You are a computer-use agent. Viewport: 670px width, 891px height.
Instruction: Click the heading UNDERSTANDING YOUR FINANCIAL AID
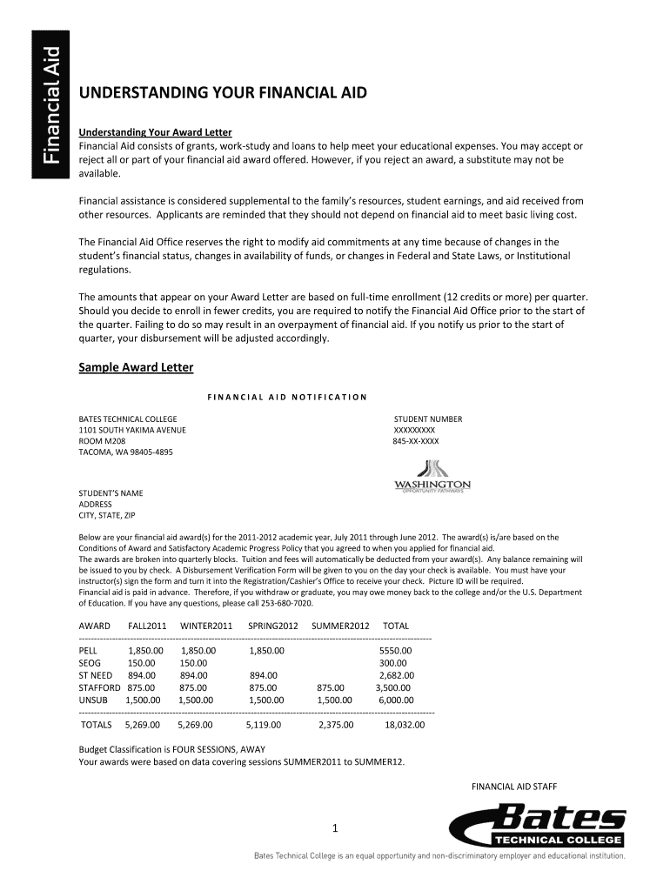(223, 93)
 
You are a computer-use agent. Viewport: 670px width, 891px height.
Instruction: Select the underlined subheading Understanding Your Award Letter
(156, 132)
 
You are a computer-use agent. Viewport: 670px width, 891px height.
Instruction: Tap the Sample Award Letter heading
(136, 367)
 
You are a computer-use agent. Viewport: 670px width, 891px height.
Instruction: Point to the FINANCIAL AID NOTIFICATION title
(287, 398)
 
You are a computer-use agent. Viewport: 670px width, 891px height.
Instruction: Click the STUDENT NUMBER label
(428, 419)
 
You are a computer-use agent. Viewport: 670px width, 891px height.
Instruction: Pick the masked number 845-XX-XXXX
(416, 441)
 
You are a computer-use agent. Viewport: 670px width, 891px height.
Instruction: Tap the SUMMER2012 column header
(340, 626)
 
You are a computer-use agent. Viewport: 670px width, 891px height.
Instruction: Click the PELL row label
(89, 650)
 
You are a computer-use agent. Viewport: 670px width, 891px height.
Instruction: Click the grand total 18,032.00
(404, 724)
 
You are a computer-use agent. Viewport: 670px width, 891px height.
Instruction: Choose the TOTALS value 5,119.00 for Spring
(265, 724)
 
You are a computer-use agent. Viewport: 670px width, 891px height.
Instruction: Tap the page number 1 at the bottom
(334, 827)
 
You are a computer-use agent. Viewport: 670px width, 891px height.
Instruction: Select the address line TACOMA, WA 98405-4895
(126, 452)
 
